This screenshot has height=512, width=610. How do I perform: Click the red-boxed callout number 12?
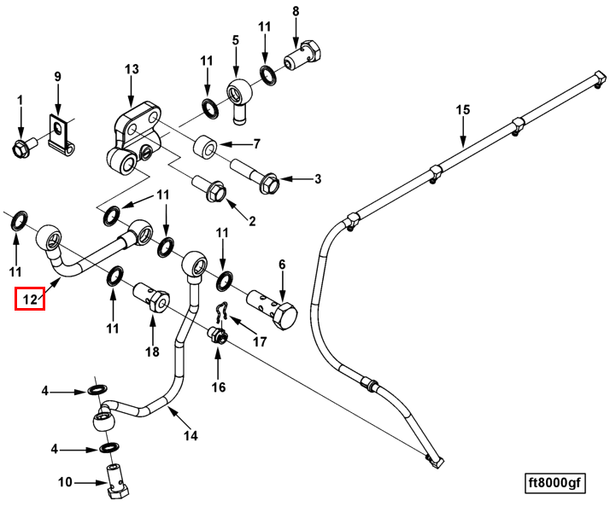click(x=30, y=299)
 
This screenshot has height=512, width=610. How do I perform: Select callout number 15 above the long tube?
click(x=463, y=109)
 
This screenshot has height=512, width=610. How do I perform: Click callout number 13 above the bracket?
click(x=131, y=69)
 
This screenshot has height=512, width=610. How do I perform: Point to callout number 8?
click(x=296, y=11)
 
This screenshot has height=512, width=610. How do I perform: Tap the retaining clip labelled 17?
click(x=220, y=312)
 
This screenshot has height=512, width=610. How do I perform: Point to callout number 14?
click(x=191, y=435)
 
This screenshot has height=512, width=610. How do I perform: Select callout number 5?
click(x=235, y=40)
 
